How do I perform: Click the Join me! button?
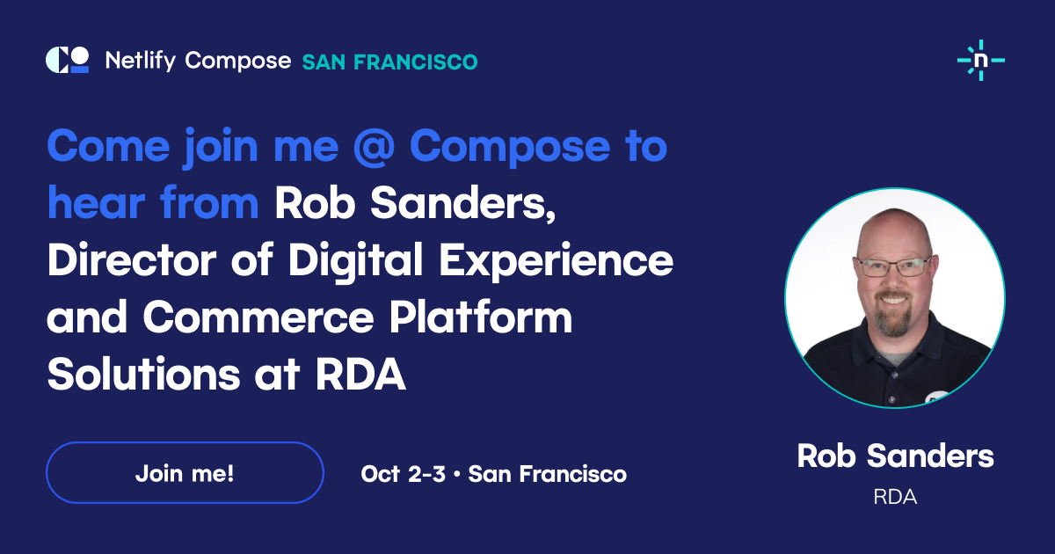(x=186, y=472)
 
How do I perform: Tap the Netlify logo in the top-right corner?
(x=981, y=61)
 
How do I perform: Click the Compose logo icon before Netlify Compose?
(x=68, y=60)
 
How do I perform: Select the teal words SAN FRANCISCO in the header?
(x=390, y=62)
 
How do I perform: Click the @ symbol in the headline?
(x=374, y=147)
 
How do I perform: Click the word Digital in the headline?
(x=355, y=262)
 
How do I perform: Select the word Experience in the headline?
(x=557, y=262)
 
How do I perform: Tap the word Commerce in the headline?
(x=258, y=317)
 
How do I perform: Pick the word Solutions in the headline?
(x=143, y=374)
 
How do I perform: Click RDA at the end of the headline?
(x=360, y=375)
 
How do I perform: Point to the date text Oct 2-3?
(x=404, y=474)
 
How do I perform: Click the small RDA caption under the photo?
(x=895, y=497)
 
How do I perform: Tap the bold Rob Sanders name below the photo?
(x=895, y=456)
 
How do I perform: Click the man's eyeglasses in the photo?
(x=894, y=267)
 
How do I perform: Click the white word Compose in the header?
(x=238, y=62)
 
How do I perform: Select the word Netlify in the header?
(x=141, y=61)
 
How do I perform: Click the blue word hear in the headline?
(x=96, y=202)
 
